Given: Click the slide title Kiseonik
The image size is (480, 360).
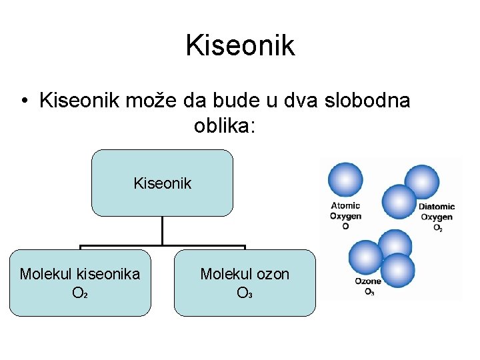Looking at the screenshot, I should tap(240, 45).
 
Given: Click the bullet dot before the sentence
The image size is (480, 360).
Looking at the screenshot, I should tap(23, 101).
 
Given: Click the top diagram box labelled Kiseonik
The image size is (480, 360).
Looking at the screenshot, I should tap(162, 183).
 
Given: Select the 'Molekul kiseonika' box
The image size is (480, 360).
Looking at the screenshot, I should tap(80, 282).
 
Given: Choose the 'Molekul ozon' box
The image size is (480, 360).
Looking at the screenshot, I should tap(245, 282).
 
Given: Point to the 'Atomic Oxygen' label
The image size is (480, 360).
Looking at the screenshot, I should tap(345, 211).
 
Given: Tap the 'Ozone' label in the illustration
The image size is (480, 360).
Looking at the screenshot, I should tap(368, 281).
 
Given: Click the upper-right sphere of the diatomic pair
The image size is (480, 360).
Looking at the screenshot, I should tap(422, 181).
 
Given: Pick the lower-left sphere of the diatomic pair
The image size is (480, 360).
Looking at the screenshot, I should tap(399, 200).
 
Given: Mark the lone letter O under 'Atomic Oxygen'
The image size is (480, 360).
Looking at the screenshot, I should tap(345, 226).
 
